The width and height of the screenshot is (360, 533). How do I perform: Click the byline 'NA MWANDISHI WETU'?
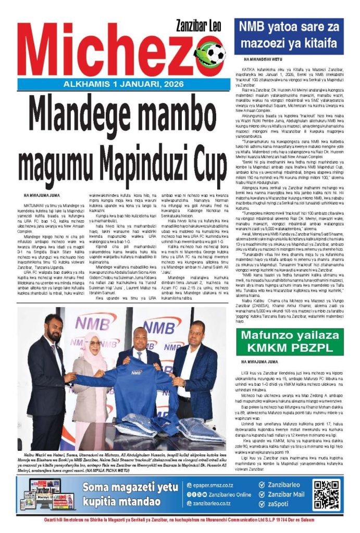(x=264, y=61)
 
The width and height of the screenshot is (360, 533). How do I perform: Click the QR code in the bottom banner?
(x=326, y=494)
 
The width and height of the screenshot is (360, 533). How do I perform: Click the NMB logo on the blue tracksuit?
(x=137, y=373)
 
